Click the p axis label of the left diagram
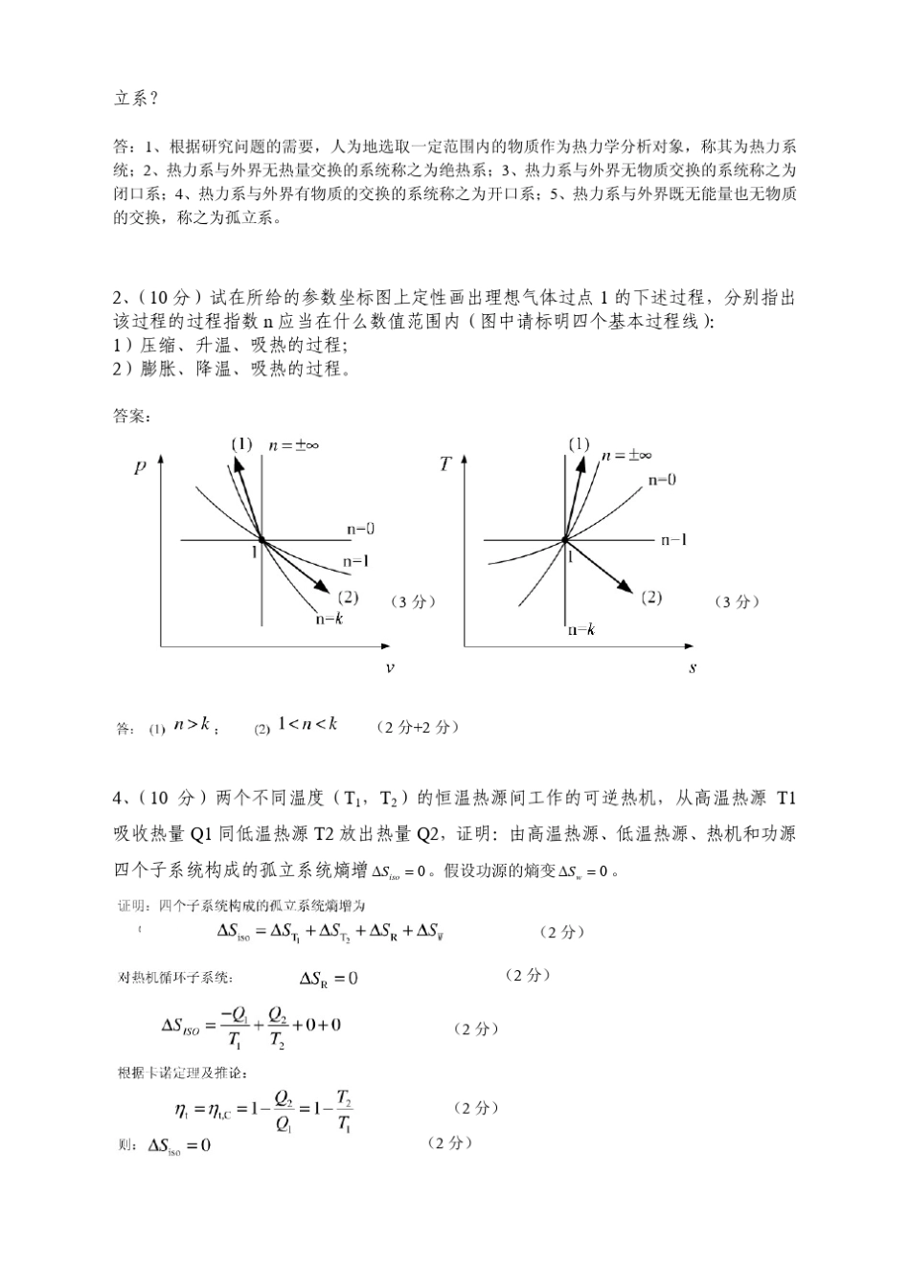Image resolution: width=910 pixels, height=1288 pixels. click(141, 468)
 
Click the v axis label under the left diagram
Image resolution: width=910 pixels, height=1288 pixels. click(389, 667)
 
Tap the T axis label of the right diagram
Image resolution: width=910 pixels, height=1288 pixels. click(445, 465)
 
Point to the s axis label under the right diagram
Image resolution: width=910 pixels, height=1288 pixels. click(692, 667)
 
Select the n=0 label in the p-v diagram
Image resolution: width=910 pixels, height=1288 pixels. click(360, 529)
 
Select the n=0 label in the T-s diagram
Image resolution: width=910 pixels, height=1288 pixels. click(661, 480)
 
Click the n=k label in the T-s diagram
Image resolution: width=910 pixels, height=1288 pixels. click(581, 629)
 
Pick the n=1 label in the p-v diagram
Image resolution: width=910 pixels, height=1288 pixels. click(355, 561)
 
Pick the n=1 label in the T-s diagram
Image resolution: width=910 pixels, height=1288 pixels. click(673, 540)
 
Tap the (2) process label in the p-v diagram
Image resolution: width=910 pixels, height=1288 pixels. click(348, 598)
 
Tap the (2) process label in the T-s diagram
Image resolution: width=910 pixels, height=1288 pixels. click(651, 598)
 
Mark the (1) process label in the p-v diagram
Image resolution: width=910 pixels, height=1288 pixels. click(241, 443)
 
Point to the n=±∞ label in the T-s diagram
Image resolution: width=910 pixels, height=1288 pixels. click(628, 455)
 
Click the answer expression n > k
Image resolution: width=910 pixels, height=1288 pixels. click(192, 725)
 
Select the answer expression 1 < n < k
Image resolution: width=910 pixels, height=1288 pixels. click(307, 724)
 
